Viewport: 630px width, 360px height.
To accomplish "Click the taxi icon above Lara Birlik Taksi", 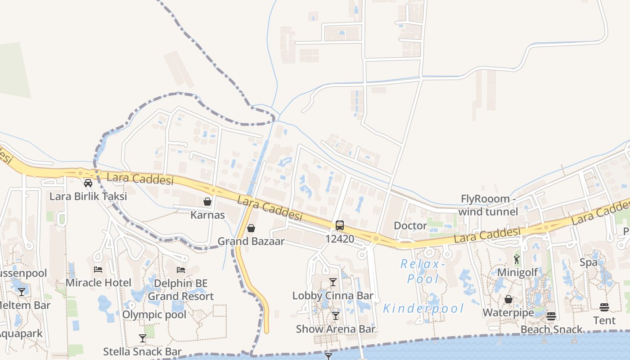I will pyautogui.click(x=88, y=183).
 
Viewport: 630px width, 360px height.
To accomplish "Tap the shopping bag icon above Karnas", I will pyautogui.click(x=207, y=202).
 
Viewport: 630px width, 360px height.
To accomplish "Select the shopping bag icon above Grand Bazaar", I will pyautogui.click(x=251, y=229).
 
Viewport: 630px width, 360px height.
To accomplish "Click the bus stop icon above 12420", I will pyautogui.click(x=340, y=225).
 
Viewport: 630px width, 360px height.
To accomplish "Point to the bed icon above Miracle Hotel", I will pyautogui.click(x=98, y=270).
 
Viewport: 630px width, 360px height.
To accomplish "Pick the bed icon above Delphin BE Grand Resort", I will pyautogui.click(x=181, y=270).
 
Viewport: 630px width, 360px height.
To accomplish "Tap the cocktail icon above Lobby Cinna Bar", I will pyautogui.click(x=333, y=282).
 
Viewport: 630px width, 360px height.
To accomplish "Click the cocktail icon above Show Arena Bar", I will pyautogui.click(x=335, y=315).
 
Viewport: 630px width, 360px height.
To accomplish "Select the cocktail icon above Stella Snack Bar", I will pyautogui.click(x=143, y=338).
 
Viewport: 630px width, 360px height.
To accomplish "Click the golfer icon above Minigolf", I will pyautogui.click(x=517, y=259).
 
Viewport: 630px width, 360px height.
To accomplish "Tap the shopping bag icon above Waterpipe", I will pyautogui.click(x=508, y=299).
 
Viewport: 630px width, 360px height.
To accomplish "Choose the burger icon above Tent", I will pyautogui.click(x=604, y=307).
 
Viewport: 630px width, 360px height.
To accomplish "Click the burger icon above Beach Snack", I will pyautogui.click(x=551, y=316).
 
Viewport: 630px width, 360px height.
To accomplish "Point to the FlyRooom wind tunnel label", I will pyautogui.click(x=489, y=205).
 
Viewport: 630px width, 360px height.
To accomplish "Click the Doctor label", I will pyautogui.click(x=410, y=225).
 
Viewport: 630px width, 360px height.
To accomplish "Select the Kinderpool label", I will pyautogui.click(x=423, y=308).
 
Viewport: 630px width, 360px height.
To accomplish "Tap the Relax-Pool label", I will pyautogui.click(x=423, y=271).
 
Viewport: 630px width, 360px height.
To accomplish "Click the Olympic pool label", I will pyautogui.click(x=154, y=315).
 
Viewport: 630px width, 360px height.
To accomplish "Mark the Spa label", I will pyautogui.click(x=589, y=262).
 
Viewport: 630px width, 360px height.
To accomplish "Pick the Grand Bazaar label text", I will pyautogui.click(x=251, y=241).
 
